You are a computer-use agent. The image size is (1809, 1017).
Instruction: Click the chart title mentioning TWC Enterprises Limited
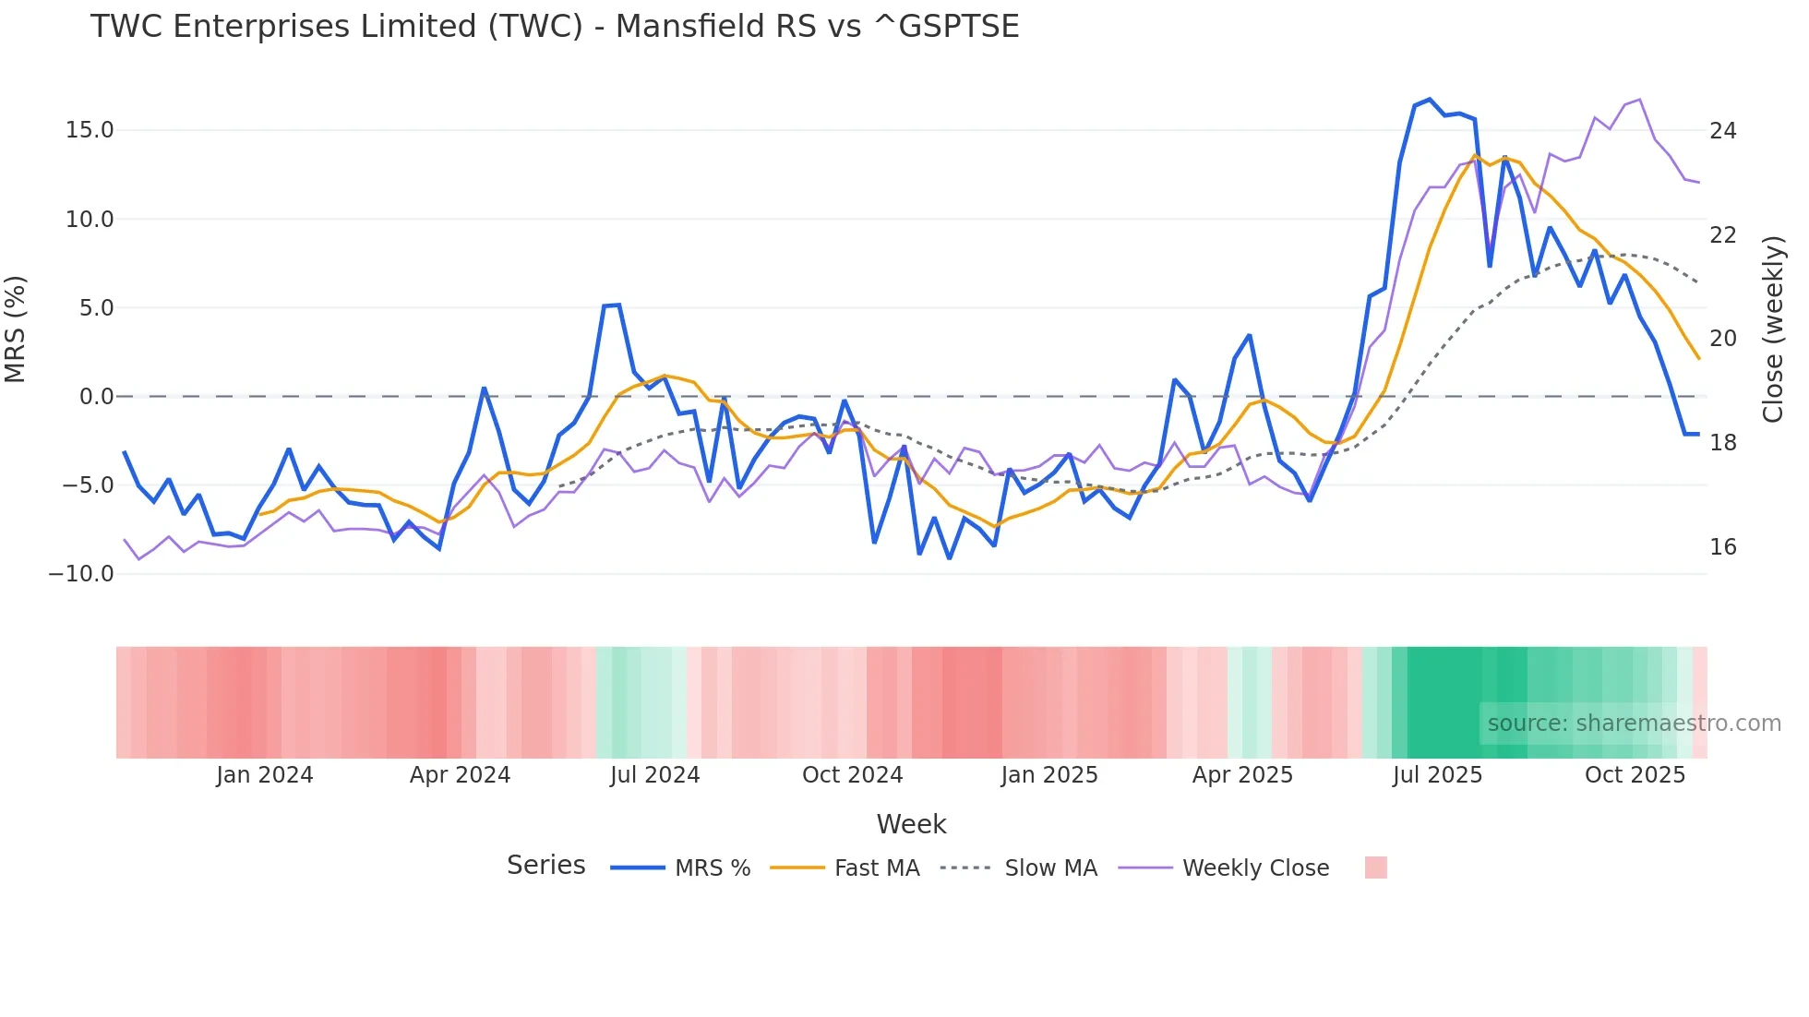[555, 27]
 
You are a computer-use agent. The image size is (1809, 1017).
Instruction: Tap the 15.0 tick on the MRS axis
[90, 130]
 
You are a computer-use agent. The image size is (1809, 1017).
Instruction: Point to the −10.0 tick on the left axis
[81, 573]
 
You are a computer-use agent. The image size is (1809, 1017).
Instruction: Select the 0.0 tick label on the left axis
[96, 397]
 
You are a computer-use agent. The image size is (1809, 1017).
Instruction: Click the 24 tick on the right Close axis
[1722, 131]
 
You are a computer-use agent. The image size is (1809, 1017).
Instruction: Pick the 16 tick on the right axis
[1722, 547]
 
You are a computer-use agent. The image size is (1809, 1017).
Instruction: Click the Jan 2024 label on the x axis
[264, 775]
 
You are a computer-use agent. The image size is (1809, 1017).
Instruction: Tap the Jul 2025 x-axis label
[1437, 775]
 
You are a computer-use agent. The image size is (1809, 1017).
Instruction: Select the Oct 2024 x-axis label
[852, 775]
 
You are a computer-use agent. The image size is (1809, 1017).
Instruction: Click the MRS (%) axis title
[16, 329]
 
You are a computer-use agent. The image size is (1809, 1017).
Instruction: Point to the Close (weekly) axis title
[1773, 329]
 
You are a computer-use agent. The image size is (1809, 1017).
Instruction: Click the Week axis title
[911, 824]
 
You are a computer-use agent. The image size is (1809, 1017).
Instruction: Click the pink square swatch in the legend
[1375, 867]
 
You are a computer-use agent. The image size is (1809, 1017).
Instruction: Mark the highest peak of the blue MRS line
[1429, 100]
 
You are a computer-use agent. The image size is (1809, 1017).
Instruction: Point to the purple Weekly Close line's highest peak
[1639, 100]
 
